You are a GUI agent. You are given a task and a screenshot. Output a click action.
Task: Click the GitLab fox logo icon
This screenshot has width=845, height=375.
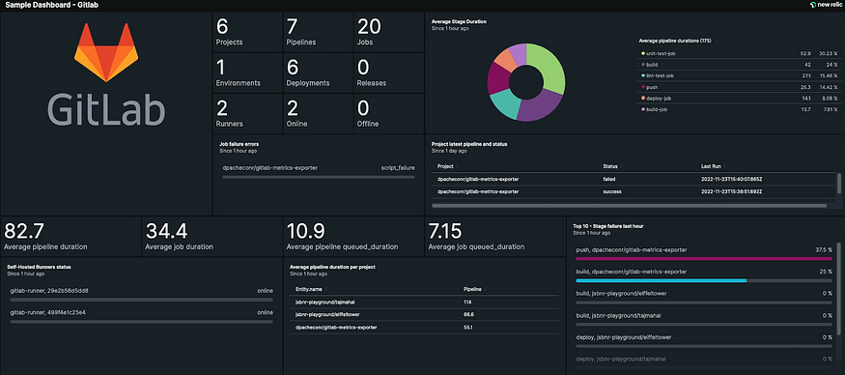[105, 53]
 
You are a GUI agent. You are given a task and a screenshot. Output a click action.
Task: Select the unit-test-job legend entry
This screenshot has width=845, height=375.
[666, 54]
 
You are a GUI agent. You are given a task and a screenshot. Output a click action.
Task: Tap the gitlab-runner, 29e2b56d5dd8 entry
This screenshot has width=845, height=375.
[49, 289]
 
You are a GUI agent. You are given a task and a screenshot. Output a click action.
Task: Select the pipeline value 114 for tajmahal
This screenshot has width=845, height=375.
[467, 302]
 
